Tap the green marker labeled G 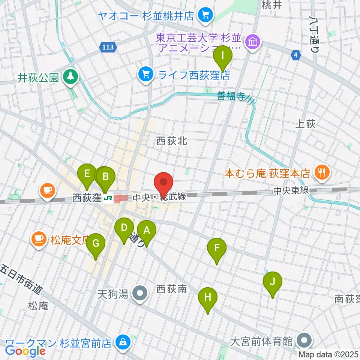pos(96,245)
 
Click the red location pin pos(164,184)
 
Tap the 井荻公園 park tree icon pos(70,77)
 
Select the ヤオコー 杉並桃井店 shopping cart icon pos(205,15)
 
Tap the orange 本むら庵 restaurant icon pos(321,173)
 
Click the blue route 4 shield pos(296,55)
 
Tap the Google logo pos(25,351)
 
